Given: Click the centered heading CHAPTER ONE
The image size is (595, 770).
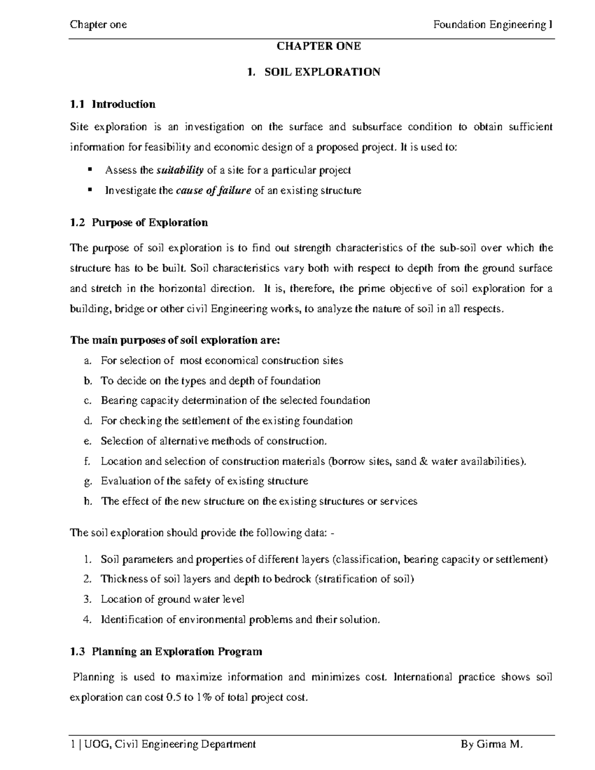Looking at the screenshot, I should [318, 47].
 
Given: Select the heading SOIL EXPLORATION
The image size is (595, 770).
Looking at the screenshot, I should [322, 72].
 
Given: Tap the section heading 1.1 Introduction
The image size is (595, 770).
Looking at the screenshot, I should [113, 104].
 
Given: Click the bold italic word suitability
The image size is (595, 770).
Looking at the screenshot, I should [180, 171].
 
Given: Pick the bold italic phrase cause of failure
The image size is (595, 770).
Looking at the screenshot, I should [213, 190].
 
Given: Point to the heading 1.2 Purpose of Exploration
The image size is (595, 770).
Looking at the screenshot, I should [139, 223].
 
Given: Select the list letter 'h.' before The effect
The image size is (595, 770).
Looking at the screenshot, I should [88, 501].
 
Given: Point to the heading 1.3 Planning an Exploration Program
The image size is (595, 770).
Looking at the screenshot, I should [166, 652].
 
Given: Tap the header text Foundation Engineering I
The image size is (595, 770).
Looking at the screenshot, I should [493, 25].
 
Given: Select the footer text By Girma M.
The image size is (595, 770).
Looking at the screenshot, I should [492, 744].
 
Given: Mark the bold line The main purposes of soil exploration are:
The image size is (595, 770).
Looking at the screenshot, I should [176, 340].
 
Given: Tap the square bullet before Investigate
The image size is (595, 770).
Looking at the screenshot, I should [90, 189].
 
